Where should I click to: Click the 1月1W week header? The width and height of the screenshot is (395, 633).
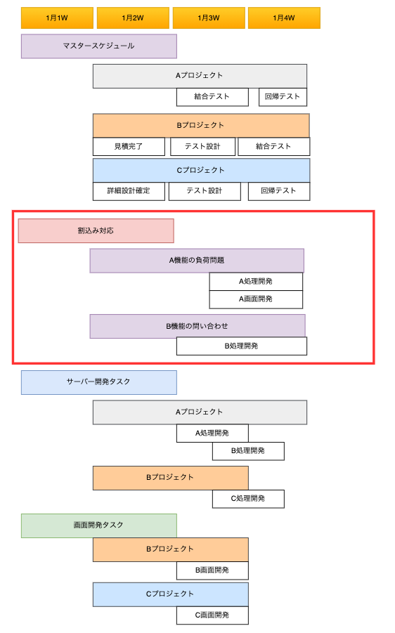click(57, 18)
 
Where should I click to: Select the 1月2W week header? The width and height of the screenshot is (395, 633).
click(133, 18)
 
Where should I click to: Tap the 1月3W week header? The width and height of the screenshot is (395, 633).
click(209, 18)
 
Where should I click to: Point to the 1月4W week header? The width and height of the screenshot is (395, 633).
click(284, 18)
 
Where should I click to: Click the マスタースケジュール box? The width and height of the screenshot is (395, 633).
click(99, 46)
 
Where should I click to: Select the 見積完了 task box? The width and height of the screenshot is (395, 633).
click(129, 147)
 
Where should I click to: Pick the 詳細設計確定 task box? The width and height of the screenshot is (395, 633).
click(129, 191)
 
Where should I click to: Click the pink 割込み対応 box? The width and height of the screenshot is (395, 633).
click(96, 230)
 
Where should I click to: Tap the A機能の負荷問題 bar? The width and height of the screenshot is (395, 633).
click(197, 261)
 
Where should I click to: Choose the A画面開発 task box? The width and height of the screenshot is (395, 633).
click(256, 299)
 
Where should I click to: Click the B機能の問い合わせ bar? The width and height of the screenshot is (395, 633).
click(197, 326)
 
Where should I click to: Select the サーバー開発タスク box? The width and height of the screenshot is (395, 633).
click(99, 382)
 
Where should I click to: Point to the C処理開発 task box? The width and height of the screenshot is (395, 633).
click(248, 499)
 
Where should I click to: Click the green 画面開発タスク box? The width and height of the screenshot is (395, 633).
click(99, 526)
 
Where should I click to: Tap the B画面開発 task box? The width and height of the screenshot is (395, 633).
click(212, 570)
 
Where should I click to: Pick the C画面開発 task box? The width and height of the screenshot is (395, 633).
click(212, 615)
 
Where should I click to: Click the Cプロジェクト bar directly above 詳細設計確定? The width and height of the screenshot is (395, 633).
click(202, 170)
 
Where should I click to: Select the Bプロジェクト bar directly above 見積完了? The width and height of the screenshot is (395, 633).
click(201, 126)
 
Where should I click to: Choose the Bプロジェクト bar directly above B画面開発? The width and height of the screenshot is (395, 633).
click(170, 549)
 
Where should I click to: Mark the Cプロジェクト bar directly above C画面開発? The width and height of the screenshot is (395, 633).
click(170, 594)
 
